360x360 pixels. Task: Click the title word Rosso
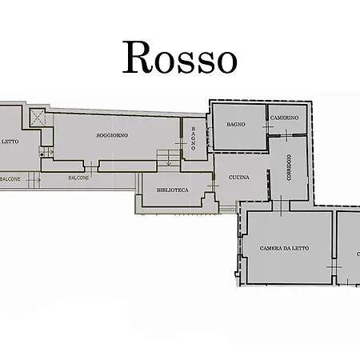179,58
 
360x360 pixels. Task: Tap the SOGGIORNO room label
112,134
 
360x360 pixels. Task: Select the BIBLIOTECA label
173,190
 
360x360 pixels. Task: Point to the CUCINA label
238,177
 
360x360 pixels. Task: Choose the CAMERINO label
284,118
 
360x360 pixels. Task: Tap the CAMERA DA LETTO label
284,248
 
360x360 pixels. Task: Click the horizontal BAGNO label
235,124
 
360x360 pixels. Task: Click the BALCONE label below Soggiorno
78,177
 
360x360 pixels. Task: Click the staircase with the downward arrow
167,157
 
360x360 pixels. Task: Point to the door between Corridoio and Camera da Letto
284,206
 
